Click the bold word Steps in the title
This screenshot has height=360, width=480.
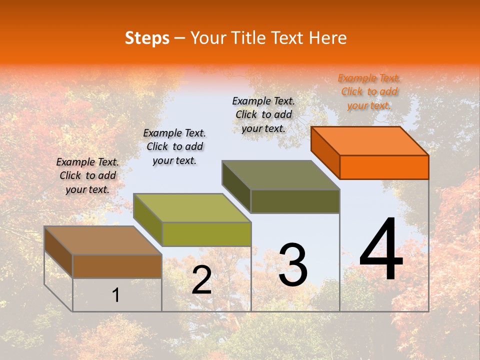coord(147,38)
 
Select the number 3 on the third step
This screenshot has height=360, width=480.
coord(293,265)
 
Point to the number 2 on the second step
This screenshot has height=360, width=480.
coord(202,280)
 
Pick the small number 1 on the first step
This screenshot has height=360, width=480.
coord(115,295)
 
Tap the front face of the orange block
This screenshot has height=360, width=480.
coord(384,167)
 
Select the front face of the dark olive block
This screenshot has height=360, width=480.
coord(295,201)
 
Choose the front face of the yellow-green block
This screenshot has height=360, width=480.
coord(206,234)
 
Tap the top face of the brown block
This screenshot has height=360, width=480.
coord(103,240)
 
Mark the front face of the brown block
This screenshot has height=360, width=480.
coord(117,266)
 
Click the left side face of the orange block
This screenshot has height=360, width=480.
coord(325,152)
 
